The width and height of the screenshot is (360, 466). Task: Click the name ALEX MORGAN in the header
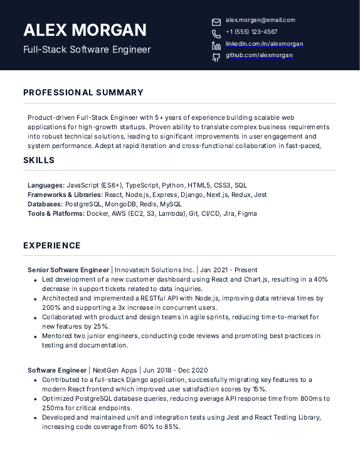(85, 30)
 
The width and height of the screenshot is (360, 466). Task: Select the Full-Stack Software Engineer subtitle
(87, 50)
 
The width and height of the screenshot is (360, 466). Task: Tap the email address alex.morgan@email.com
(260, 20)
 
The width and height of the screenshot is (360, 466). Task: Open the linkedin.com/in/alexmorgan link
(264, 44)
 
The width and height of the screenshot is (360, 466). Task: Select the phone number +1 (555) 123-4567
(251, 32)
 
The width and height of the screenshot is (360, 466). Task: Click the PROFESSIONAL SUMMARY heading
(83, 93)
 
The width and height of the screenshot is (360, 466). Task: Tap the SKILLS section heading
(39, 161)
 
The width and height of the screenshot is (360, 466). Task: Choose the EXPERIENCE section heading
(52, 246)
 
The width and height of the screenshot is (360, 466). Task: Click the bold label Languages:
(46, 186)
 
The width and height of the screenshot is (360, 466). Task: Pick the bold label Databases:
(45, 204)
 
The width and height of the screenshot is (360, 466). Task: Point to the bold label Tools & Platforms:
(56, 214)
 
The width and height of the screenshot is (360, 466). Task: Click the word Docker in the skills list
(97, 214)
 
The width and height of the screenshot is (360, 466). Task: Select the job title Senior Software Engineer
(68, 270)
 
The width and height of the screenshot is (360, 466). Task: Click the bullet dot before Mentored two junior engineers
(35, 337)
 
